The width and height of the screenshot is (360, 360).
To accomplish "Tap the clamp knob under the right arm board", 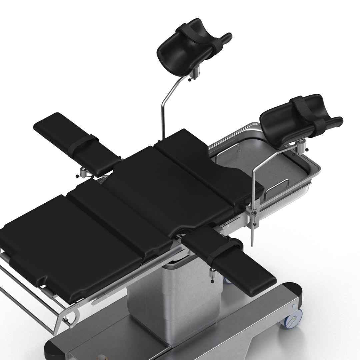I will coord(211,272).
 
